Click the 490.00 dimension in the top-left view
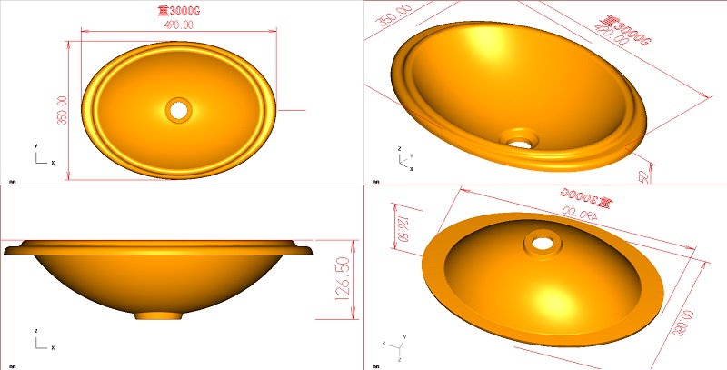click(x=178, y=25)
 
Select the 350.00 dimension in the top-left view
click(x=63, y=111)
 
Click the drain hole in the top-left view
click(x=179, y=109)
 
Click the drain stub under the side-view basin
click(x=159, y=315)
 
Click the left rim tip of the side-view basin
click(x=8, y=247)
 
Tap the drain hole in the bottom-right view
click(x=544, y=243)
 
